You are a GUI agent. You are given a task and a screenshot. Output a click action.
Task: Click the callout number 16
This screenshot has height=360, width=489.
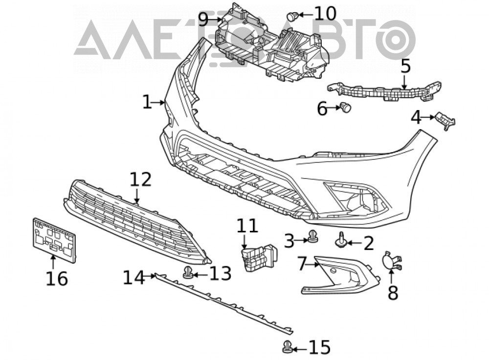57,279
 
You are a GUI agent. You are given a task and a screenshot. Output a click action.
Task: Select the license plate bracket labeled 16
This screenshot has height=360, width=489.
54,240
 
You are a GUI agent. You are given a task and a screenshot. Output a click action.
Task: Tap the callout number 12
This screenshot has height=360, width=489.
140,180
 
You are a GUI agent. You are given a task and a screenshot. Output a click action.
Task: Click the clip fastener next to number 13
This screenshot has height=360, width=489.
188,272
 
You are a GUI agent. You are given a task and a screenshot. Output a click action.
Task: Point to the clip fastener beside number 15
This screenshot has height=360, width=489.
288,347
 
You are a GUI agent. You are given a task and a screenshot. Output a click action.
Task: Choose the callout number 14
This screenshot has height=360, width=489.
134,277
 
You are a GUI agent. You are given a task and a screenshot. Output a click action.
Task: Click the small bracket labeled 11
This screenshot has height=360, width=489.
260,257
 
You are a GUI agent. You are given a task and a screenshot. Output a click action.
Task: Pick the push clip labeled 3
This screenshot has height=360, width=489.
312,237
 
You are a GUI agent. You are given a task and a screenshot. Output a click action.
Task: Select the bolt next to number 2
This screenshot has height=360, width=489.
340,241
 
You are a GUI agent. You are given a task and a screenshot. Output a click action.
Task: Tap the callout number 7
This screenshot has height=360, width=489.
302,264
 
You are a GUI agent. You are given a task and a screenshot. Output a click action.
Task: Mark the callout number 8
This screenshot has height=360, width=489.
393,293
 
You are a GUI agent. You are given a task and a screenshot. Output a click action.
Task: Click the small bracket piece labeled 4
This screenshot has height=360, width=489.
445,120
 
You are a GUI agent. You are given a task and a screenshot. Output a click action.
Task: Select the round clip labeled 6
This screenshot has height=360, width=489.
346,107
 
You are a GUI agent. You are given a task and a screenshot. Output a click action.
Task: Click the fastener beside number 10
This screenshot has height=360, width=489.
292,16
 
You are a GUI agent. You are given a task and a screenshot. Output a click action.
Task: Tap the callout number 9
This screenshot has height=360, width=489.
203,20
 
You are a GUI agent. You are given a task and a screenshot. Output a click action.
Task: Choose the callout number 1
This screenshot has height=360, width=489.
147,102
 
